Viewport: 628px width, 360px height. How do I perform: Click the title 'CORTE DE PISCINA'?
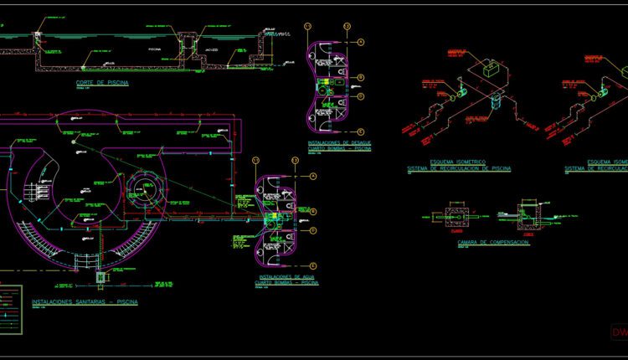click(x=102, y=82)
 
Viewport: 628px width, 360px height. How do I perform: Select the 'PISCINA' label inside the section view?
click(x=154, y=49)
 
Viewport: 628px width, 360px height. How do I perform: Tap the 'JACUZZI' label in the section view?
click(x=212, y=49)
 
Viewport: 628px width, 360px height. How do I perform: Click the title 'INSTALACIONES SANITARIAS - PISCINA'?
click(x=85, y=301)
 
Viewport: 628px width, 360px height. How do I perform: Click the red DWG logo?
click(x=619, y=332)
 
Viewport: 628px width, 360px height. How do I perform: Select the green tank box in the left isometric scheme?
click(x=489, y=70)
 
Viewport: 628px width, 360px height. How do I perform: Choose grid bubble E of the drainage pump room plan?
click(x=360, y=131)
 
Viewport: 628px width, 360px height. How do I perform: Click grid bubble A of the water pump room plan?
click(x=312, y=177)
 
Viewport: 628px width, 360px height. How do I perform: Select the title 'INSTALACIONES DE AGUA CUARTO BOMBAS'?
click(x=288, y=280)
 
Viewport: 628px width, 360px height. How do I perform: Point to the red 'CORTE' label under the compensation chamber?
click(x=527, y=234)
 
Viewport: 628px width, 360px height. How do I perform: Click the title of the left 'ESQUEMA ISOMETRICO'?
click(x=458, y=165)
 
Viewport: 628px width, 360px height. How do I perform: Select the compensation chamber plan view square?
click(x=457, y=216)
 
